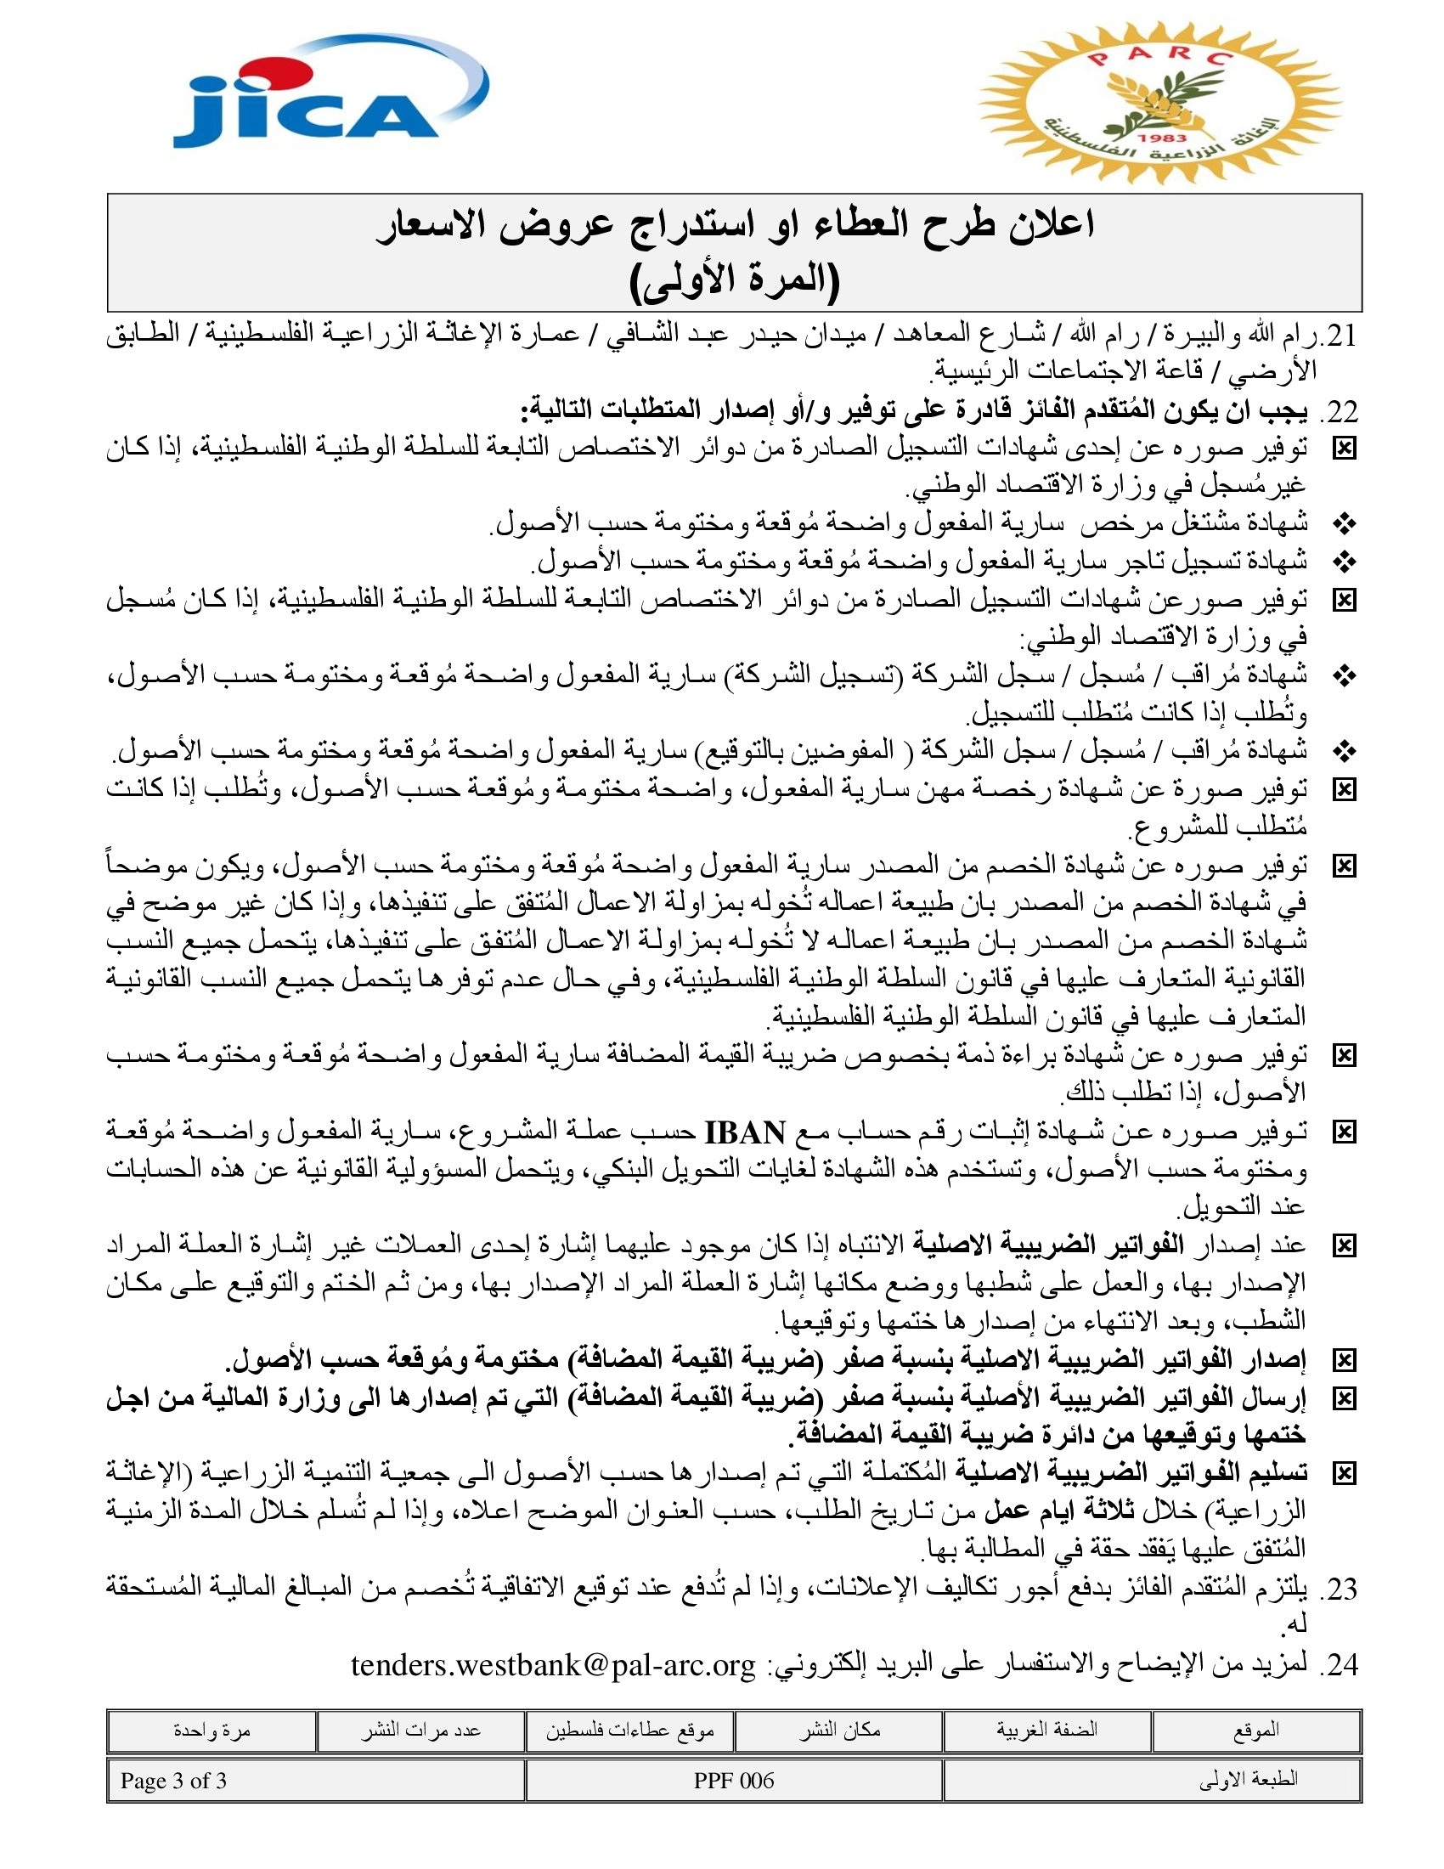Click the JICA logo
pos(330,94)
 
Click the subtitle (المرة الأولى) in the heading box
pos(735,279)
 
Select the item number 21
pos(1339,336)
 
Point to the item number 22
pos(1339,412)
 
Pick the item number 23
pos(1339,1589)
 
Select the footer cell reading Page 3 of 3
pos(173,1781)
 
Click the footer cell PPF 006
pos(734,1781)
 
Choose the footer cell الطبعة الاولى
pos(1248,1781)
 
